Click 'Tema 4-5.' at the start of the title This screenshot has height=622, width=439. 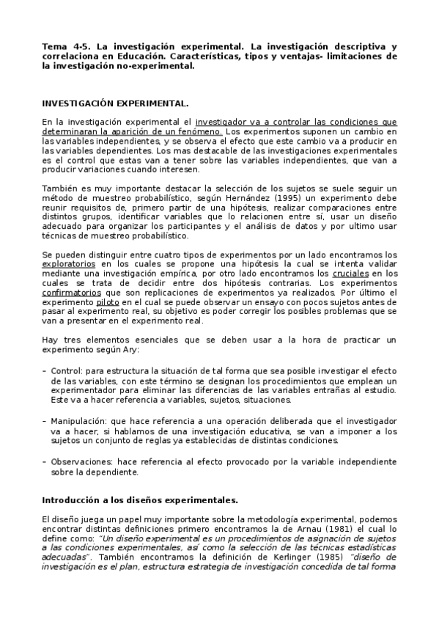point(62,45)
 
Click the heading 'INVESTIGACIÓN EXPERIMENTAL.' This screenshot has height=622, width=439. point(115,104)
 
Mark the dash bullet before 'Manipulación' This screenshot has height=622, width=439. point(44,420)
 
